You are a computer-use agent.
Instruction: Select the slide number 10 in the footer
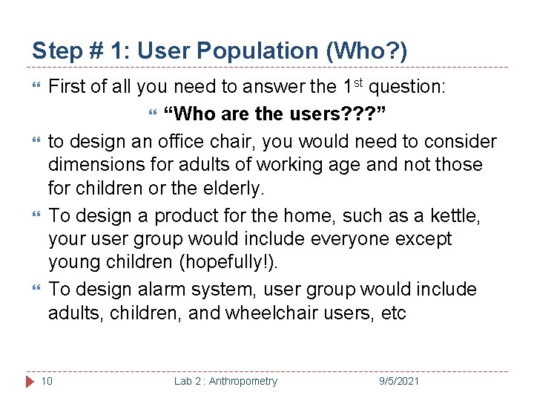pyautogui.click(x=47, y=381)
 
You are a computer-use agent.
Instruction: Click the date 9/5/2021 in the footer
pyautogui.click(x=398, y=381)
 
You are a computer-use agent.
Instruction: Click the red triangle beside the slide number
pyautogui.click(x=30, y=381)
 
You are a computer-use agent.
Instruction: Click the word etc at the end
pyautogui.click(x=392, y=313)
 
